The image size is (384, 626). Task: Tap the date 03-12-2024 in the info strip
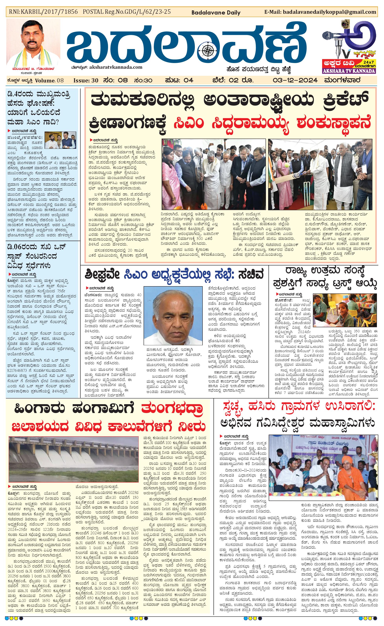[x=295, y=80]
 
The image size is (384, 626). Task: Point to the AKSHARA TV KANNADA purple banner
[x=349, y=71]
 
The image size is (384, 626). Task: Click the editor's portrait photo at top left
[x=33, y=43]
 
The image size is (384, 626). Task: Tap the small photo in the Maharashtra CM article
[x=60, y=140]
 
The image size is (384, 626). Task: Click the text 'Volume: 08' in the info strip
[x=49, y=80]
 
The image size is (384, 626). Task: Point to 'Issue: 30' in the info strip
[x=86, y=80]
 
